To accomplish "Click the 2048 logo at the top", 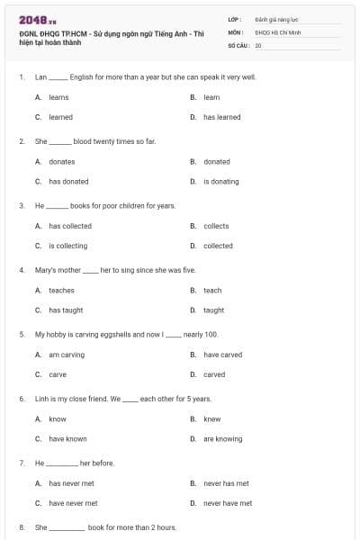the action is (37, 20).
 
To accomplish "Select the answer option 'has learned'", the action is (221, 117).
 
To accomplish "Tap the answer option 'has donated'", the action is (68, 181).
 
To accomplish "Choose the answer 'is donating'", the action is (220, 181).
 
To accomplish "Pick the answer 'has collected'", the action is (70, 226).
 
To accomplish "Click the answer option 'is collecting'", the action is (67, 246).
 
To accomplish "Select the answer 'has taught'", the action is (66, 310).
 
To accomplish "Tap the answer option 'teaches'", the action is (61, 290).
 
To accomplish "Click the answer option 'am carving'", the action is (67, 355).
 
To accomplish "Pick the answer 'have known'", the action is (67, 438).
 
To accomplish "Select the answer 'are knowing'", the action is (222, 438).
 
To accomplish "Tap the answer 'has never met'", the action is (73, 483).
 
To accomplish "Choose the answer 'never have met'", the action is (228, 503).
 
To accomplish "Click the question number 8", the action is (21, 527).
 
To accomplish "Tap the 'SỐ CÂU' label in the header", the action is (237, 44).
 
